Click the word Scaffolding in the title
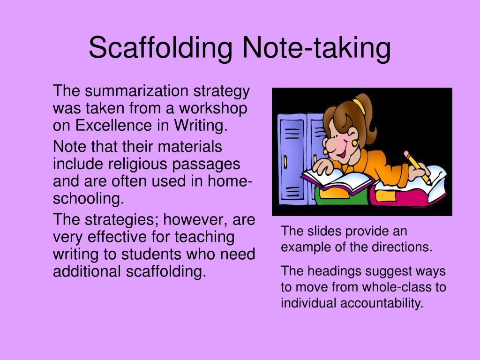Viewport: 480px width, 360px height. (x=161, y=48)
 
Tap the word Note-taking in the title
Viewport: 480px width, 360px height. (x=316, y=48)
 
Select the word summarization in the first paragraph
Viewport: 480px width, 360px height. (x=136, y=90)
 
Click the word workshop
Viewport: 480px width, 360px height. (x=213, y=109)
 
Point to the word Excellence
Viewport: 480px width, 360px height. (x=113, y=125)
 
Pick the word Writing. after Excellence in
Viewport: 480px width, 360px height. (x=201, y=126)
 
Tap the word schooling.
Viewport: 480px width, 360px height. (x=89, y=199)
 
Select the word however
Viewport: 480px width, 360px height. (x=195, y=220)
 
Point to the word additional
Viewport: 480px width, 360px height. (x=87, y=271)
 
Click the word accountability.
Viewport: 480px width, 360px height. (x=382, y=304)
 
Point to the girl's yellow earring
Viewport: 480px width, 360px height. (x=355, y=142)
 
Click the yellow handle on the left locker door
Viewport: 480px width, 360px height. (x=285, y=162)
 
